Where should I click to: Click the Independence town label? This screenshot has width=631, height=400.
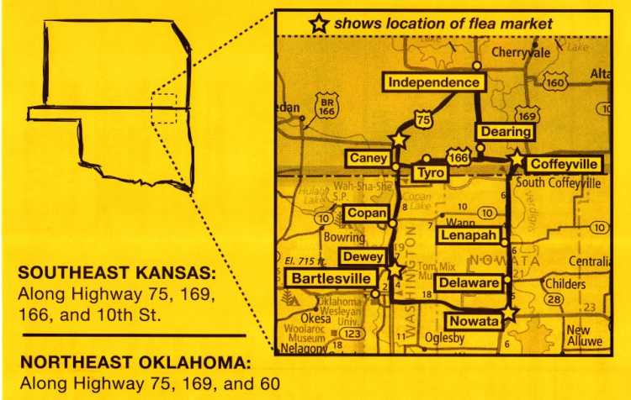(434, 82)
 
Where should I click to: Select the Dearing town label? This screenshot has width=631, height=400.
(506, 132)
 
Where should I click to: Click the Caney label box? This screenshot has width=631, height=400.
(369, 158)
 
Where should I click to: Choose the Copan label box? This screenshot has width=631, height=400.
(366, 213)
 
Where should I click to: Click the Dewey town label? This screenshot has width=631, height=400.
(363, 257)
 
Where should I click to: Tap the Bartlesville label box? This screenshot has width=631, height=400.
(329, 278)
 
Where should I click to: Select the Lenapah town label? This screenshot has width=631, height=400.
(469, 236)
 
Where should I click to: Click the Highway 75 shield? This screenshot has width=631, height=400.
(424, 121)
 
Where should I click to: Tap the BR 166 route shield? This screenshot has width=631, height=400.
(326, 107)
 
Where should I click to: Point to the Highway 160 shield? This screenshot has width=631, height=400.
(555, 82)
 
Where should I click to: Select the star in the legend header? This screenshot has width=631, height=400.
(319, 24)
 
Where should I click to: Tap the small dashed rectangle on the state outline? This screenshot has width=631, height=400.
(164, 108)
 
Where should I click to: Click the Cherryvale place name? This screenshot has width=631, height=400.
(521, 52)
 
